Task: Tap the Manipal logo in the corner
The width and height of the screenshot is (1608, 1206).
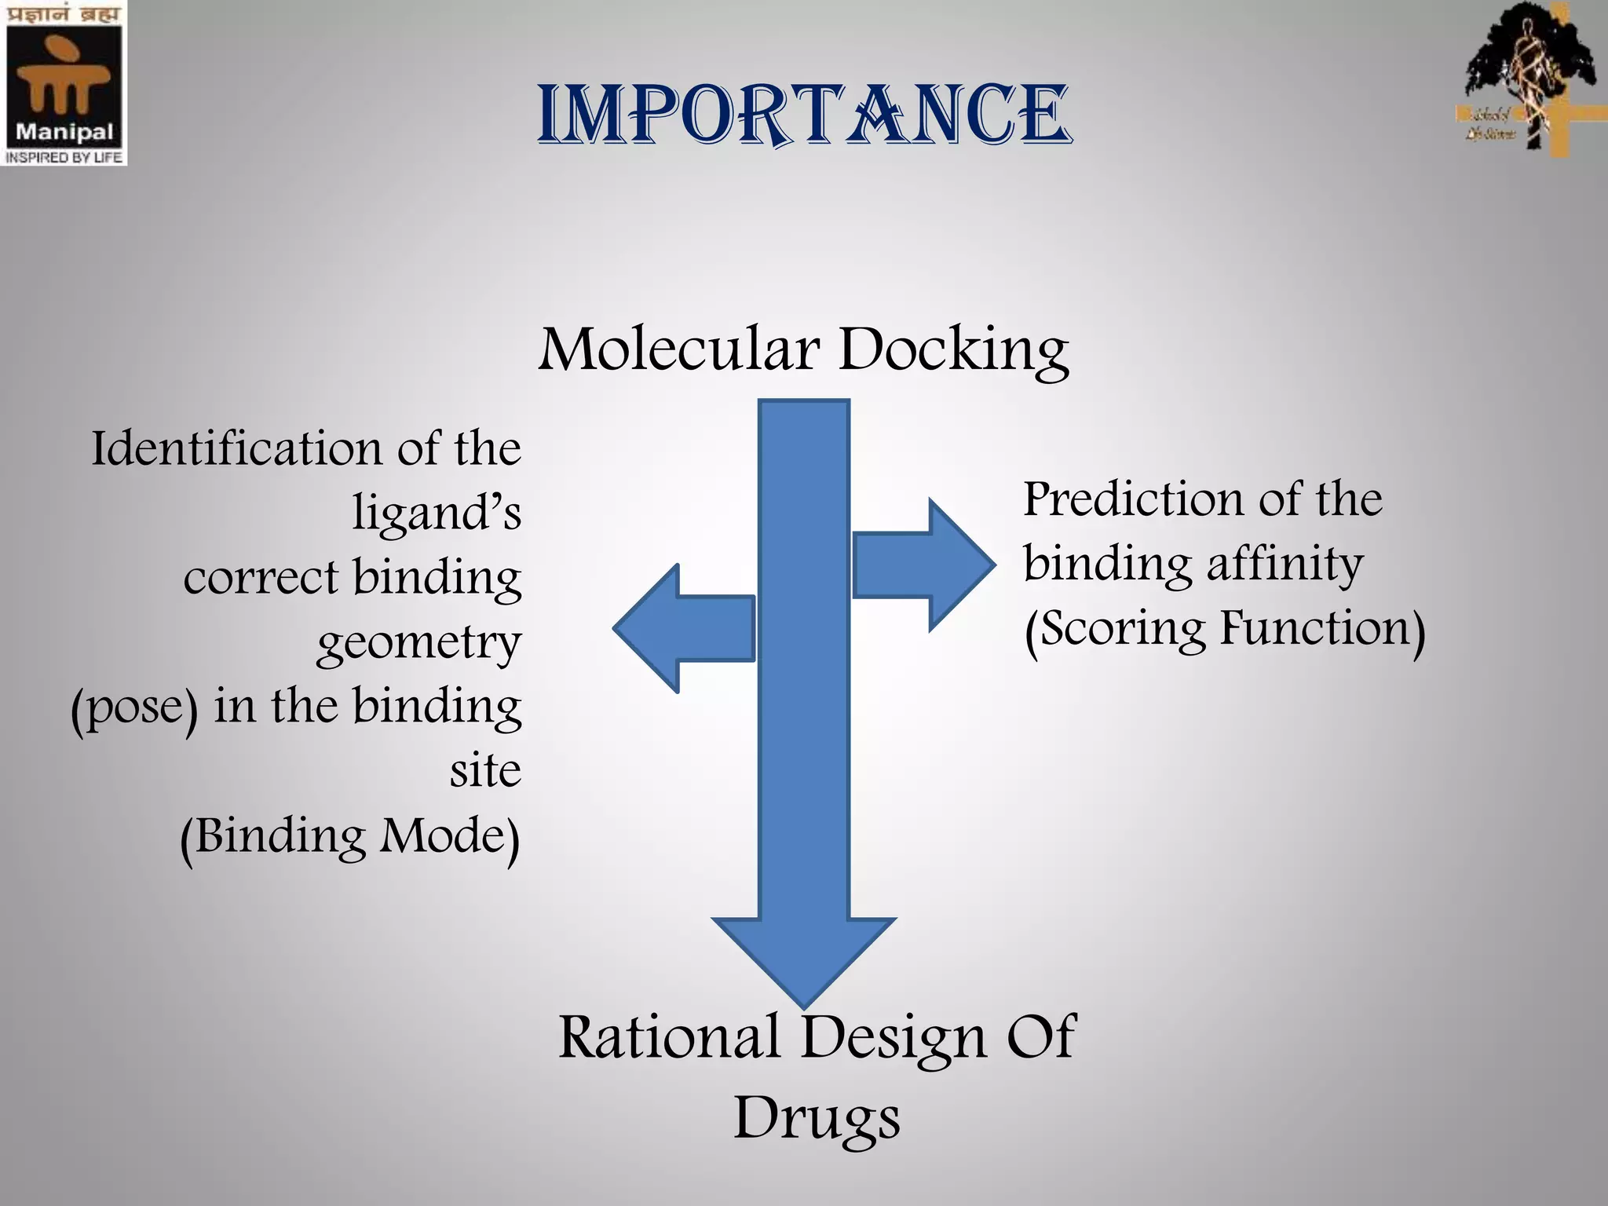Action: pyautogui.click(x=63, y=82)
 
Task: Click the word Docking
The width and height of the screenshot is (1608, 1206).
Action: pyautogui.click(x=953, y=350)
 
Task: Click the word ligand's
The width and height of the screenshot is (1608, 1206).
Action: pyautogui.click(x=437, y=514)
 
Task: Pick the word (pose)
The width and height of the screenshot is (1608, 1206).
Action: pyautogui.click(x=134, y=708)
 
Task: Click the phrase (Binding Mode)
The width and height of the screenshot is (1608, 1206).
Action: pyautogui.click(x=350, y=837)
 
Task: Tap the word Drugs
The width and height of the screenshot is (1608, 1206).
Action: pyautogui.click(x=817, y=1119)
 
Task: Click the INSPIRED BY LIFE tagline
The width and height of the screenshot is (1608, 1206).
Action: pyautogui.click(x=63, y=157)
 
